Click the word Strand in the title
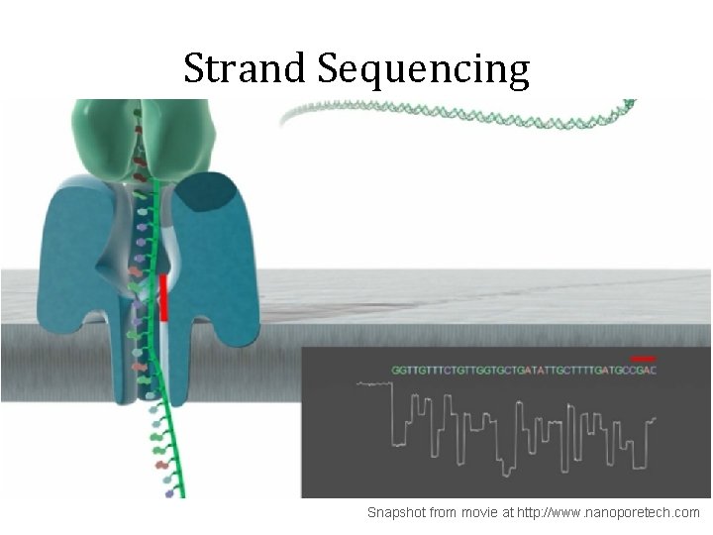245,69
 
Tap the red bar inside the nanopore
163,296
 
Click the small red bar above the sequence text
643,358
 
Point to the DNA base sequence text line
524,370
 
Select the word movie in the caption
478,512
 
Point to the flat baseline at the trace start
373,382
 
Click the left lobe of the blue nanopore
74,258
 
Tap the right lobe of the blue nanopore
223,267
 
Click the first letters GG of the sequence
399,370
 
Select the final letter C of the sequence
653,370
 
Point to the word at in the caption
507,512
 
